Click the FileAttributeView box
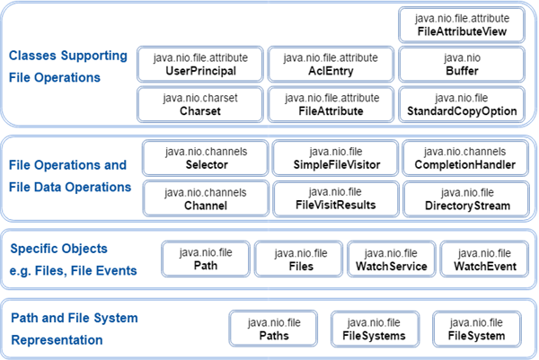[x=462, y=25]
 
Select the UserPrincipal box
[x=200, y=65]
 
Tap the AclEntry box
[x=331, y=65]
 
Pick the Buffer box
[x=462, y=65]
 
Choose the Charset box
[x=200, y=104]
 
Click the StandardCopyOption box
[x=462, y=104]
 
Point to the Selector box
[x=206, y=158]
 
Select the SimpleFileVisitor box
[x=335, y=158]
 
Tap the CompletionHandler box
[x=465, y=158]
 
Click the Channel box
[x=206, y=199]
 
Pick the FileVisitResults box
[x=335, y=199]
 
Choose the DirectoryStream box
[x=466, y=199]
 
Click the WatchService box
[x=392, y=259]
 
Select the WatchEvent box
[x=485, y=259]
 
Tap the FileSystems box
[x=375, y=329]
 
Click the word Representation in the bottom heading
[x=57, y=340]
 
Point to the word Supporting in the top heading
[x=94, y=56]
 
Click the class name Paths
[x=274, y=336]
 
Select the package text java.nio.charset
[x=200, y=98]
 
